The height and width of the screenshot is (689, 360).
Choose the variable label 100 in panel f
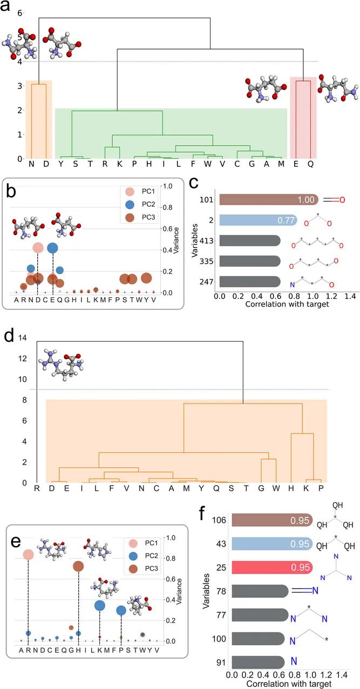point(220,640)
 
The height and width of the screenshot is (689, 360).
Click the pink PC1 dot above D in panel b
point(38,248)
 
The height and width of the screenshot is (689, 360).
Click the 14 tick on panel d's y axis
point(23,338)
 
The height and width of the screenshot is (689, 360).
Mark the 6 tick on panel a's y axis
point(21,12)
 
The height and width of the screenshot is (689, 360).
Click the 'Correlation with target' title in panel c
point(280,304)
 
